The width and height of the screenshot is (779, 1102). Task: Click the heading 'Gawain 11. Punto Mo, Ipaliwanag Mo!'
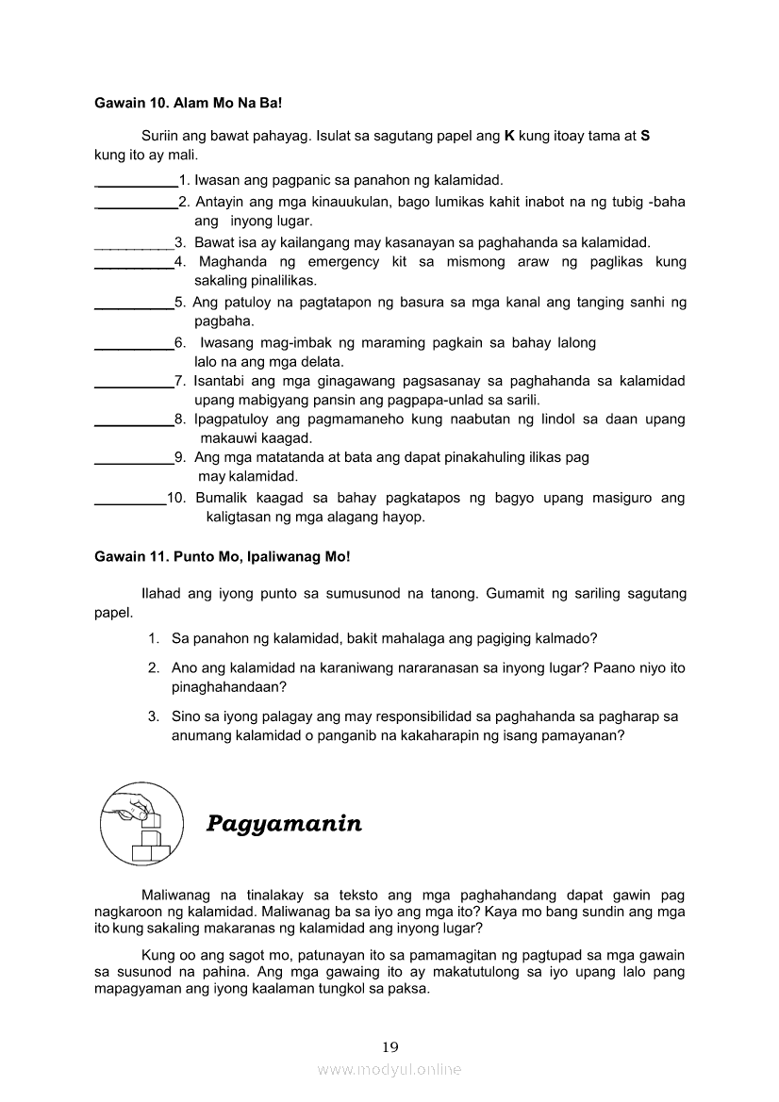(x=222, y=557)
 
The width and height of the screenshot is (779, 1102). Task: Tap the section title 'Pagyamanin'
(x=284, y=824)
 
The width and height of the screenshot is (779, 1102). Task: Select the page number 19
(x=390, y=1046)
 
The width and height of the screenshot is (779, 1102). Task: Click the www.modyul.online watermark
(x=389, y=1069)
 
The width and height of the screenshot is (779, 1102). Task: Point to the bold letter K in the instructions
(x=509, y=136)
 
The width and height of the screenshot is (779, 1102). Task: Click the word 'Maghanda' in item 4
(x=227, y=261)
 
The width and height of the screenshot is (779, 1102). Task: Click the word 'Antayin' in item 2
(x=219, y=202)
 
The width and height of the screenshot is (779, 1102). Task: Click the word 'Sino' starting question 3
(x=185, y=716)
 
